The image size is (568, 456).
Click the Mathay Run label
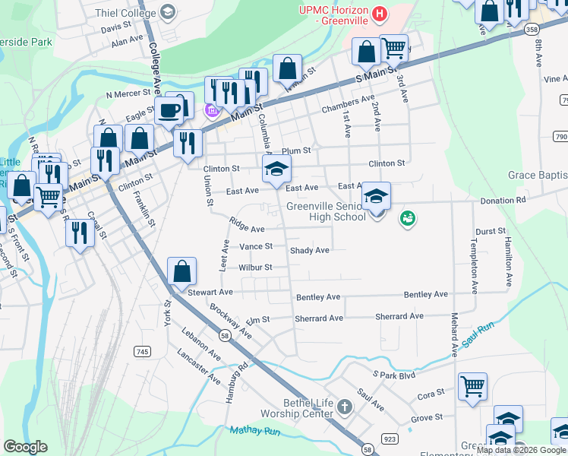click(254, 431)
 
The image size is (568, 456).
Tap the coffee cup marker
click(170, 111)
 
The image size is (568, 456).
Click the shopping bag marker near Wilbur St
click(182, 271)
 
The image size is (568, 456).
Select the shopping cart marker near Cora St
click(472, 385)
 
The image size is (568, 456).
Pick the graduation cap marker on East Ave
click(276, 169)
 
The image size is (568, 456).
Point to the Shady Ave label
click(309, 250)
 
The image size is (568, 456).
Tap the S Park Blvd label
click(394, 375)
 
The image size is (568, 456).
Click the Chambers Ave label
click(348, 99)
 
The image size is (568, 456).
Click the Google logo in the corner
click(26, 447)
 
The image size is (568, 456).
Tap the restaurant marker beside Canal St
click(79, 233)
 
